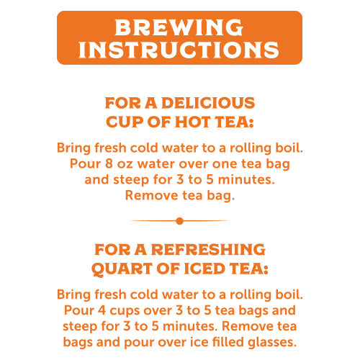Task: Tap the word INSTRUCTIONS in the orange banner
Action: pos(179,50)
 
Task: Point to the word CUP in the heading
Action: pos(126,122)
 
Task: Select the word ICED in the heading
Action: pos(210,269)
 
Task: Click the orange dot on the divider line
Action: pos(179,220)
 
